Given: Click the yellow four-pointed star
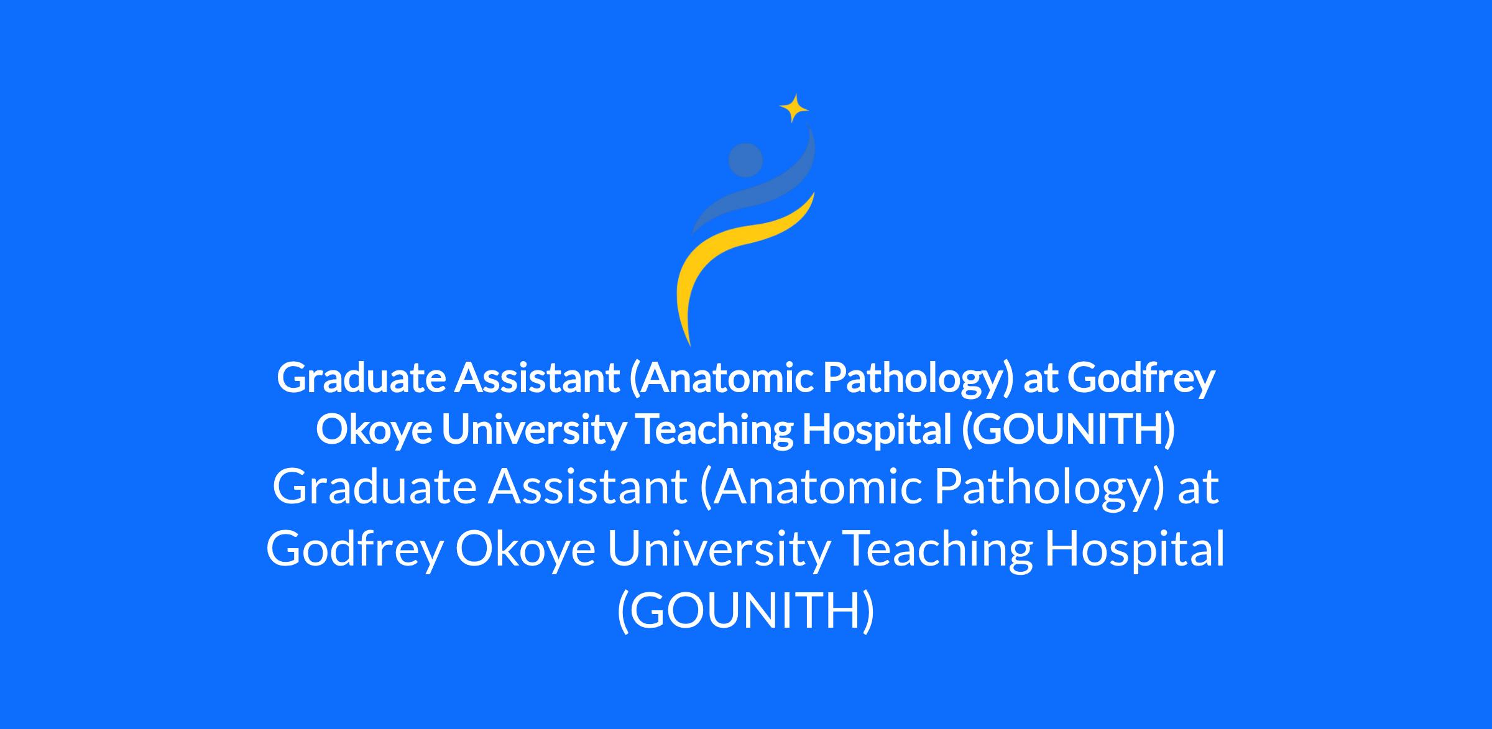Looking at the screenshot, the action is [x=794, y=109].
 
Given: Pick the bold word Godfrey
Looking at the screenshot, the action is [x=1141, y=378].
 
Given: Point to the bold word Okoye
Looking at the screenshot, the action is [x=374, y=430].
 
